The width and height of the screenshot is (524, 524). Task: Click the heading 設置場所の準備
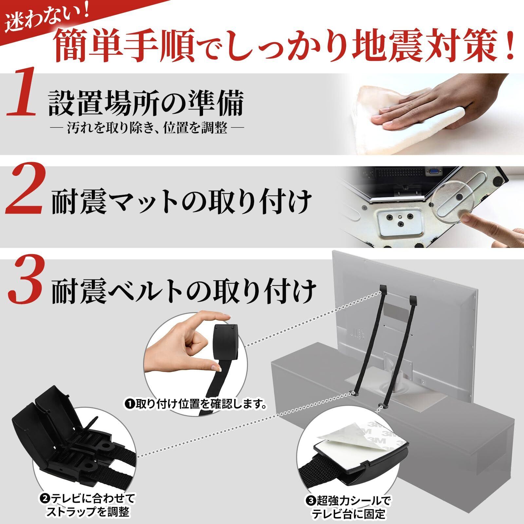pyautogui.click(x=146, y=103)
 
